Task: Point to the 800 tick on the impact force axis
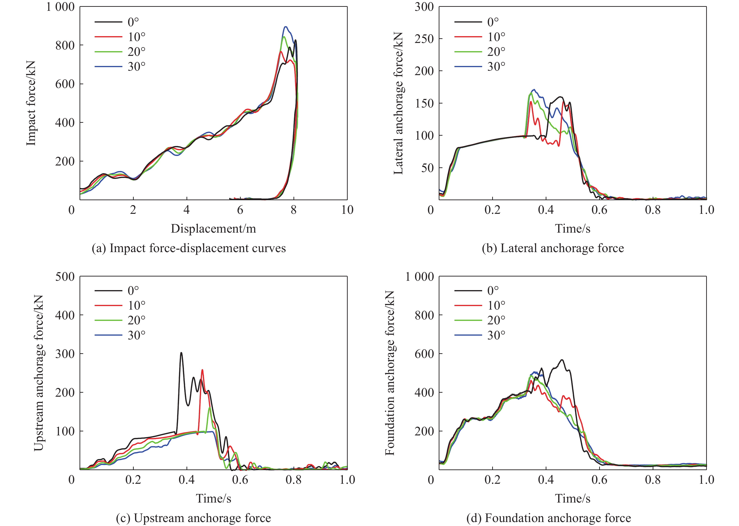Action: (x=65, y=45)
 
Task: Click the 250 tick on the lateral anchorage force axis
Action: (x=424, y=38)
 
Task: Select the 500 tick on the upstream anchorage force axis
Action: (x=65, y=276)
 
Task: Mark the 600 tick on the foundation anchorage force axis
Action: (x=424, y=354)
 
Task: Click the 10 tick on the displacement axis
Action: (x=347, y=210)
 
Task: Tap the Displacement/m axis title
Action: (x=213, y=229)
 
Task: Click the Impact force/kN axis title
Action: (x=31, y=103)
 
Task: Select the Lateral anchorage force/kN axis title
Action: (x=398, y=103)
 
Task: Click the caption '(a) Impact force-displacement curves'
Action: (x=189, y=248)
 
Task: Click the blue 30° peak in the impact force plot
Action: (x=286, y=27)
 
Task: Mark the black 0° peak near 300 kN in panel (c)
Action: (x=181, y=353)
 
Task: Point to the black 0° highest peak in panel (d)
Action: (x=562, y=360)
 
